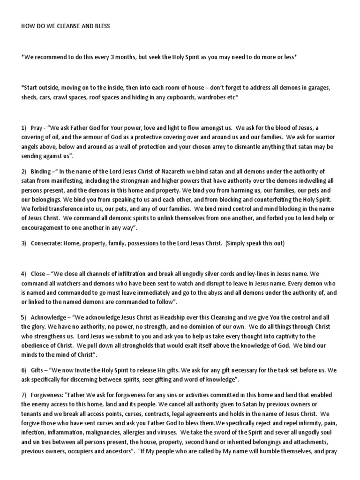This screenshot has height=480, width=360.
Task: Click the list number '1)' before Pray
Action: click(x=24, y=127)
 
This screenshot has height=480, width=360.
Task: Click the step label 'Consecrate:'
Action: click(x=47, y=243)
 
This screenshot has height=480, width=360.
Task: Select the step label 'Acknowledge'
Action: click(x=50, y=318)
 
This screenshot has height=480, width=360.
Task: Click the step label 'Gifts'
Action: click(x=38, y=370)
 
